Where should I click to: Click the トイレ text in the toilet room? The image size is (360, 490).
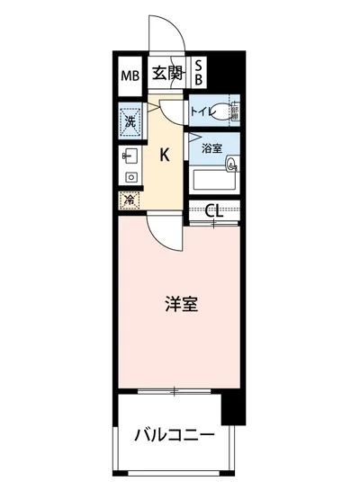pyautogui.click(x=202, y=111)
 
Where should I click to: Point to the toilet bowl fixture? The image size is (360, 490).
pyautogui.click(x=232, y=111)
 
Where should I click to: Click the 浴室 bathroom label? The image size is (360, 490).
pyautogui.click(x=212, y=147)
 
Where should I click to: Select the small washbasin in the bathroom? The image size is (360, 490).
pyautogui.click(x=232, y=165)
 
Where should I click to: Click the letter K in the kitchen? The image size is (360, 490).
pyautogui.click(x=164, y=154)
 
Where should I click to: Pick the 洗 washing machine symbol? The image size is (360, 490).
pyautogui.click(x=129, y=120)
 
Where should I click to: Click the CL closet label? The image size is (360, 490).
pyautogui.click(x=213, y=212)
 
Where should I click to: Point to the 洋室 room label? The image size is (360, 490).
pyautogui.click(x=181, y=304)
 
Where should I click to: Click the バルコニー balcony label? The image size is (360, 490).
pyautogui.click(x=175, y=436)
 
